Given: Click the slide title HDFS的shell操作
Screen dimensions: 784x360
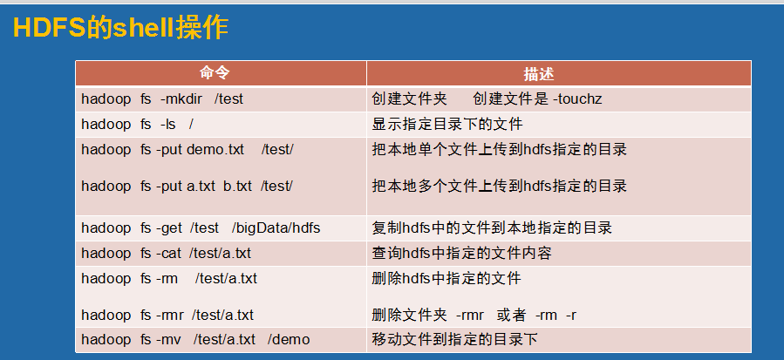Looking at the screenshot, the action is coord(120,28).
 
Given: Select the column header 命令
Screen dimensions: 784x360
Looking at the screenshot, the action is coord(215,73).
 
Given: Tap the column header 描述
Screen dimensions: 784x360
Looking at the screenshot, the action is coord(538,74).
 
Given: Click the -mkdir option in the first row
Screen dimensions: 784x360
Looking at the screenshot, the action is coord(181,99).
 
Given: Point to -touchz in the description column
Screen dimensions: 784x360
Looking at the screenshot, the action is coord(577,99).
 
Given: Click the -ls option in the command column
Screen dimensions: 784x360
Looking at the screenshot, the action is coord(168,124).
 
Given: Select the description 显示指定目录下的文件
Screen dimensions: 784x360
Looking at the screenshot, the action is coord(447,124).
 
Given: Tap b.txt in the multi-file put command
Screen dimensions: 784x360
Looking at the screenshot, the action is coord(237,186).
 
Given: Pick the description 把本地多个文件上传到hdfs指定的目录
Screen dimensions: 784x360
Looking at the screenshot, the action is coord(499,186).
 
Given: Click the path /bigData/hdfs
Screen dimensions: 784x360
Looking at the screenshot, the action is coord(276,228).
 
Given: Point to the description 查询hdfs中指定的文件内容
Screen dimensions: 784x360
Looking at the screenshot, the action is coord(461,253).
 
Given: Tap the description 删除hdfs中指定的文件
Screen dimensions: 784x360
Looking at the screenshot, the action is coord(447,278).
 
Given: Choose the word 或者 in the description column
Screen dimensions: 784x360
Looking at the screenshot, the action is coord(512,315).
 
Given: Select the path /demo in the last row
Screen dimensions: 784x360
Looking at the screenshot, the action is coord(289,339).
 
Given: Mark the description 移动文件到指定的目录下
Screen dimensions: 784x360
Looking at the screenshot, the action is coord(454,339).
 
